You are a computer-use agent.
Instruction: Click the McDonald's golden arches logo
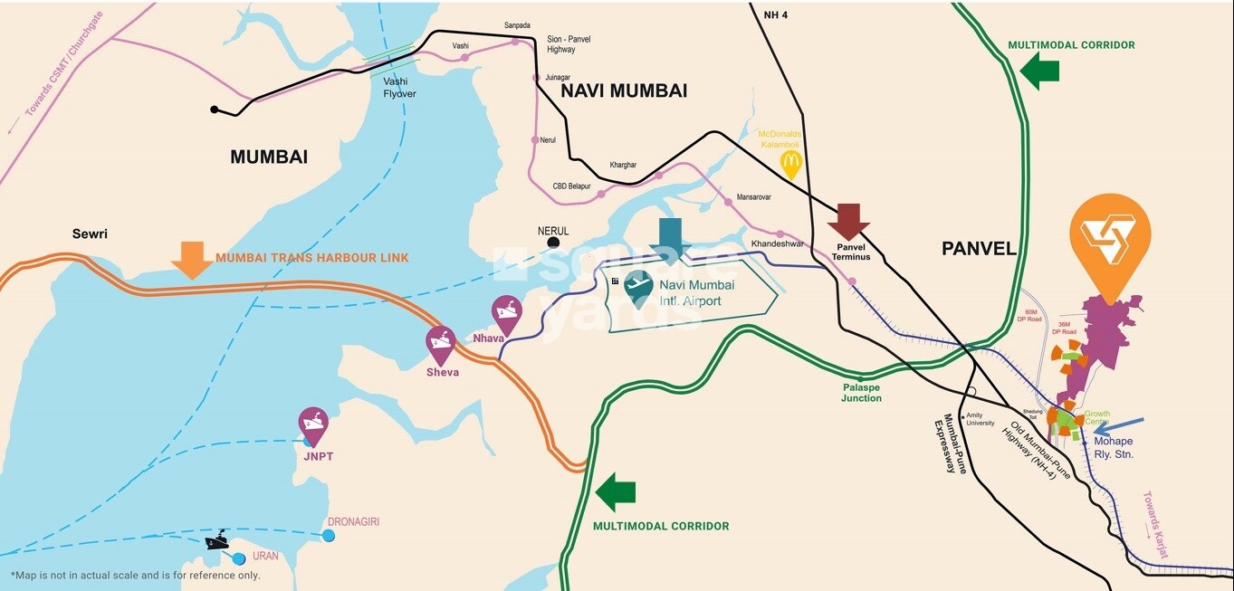pyautogui.click(x=791, y=165)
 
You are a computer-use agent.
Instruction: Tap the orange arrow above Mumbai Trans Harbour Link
pyautogui.click(x=192, y=260)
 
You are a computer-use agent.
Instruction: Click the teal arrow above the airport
pyautogui.click(x=670, y=238)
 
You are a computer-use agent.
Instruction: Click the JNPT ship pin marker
pyautogui.click(x=313, y=425)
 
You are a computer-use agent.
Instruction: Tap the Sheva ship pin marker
pyautogui.click(x=441, y=345)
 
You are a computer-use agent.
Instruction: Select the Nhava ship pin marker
pyautogui.click(x=507, y=314)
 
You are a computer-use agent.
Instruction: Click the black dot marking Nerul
pyautogui.click(x=553, y=243)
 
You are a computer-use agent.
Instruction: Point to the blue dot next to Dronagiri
pyautogui.click(x=329, y=536)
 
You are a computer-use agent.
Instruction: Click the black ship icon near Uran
pyautogui.click(x=217, y=541)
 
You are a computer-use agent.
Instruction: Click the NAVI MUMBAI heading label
pyautogui.click(x=624, y=91)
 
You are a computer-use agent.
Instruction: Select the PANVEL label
pyautogui.click(x=979, y=249)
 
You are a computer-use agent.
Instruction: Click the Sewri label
pyautogui.click(x=91, y=234)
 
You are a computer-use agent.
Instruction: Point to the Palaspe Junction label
pyautogui.click(x=861, y=392)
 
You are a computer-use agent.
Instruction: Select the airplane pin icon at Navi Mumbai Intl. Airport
pyautogui.click(x=639, y=288)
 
